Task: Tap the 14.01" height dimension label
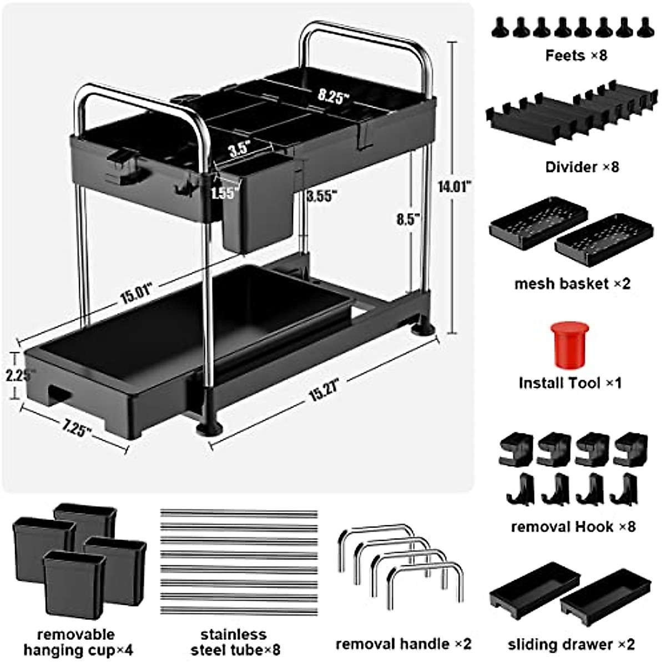(x=454, y=186)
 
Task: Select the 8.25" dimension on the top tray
(x=334, y=96)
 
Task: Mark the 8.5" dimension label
(x=407, y=219)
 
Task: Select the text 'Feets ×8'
(x=576, y=56)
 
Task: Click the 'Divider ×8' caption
(x=581, y=167)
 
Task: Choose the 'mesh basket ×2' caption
(x=572, y=284)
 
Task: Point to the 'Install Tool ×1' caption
(x=570, y=383)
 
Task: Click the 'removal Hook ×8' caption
(x=573, y=526)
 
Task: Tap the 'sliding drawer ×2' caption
(x=571, y=644)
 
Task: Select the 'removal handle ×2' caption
(x=403, y=644)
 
